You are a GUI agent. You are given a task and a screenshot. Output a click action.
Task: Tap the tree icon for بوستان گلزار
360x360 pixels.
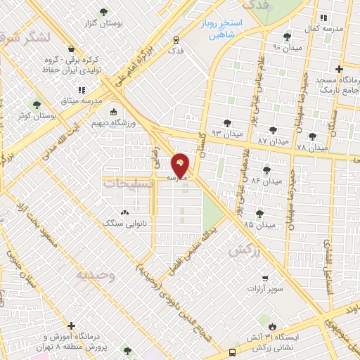[x=104, y=12]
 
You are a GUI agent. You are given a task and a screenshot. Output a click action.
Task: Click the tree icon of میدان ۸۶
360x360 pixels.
[x=266, y=169]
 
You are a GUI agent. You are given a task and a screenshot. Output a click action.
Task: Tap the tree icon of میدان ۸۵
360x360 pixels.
[x=259, y=213]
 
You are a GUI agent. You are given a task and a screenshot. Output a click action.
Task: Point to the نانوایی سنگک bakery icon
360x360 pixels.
[x=125, y=212]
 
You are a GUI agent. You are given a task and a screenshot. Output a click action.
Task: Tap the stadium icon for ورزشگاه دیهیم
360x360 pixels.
[x=114, y=112]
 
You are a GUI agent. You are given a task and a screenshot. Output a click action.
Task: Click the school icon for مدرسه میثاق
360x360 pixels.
[x=82, y=90]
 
